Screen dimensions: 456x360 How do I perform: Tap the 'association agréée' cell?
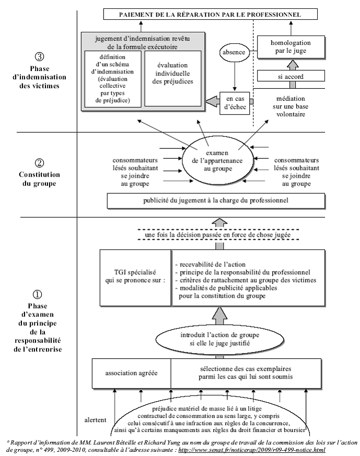click(x=131, y=373)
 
